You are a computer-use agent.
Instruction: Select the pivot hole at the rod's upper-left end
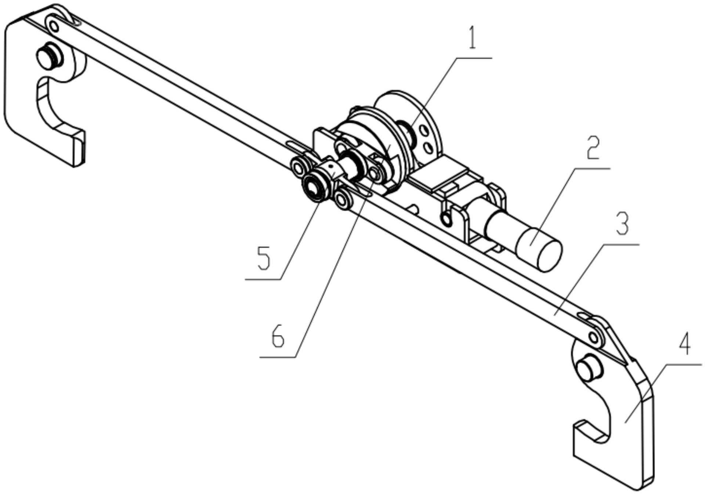coord(54,26)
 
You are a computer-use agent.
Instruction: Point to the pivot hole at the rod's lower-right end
coord(593,336)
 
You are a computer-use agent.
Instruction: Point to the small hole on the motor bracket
coord(446,220)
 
